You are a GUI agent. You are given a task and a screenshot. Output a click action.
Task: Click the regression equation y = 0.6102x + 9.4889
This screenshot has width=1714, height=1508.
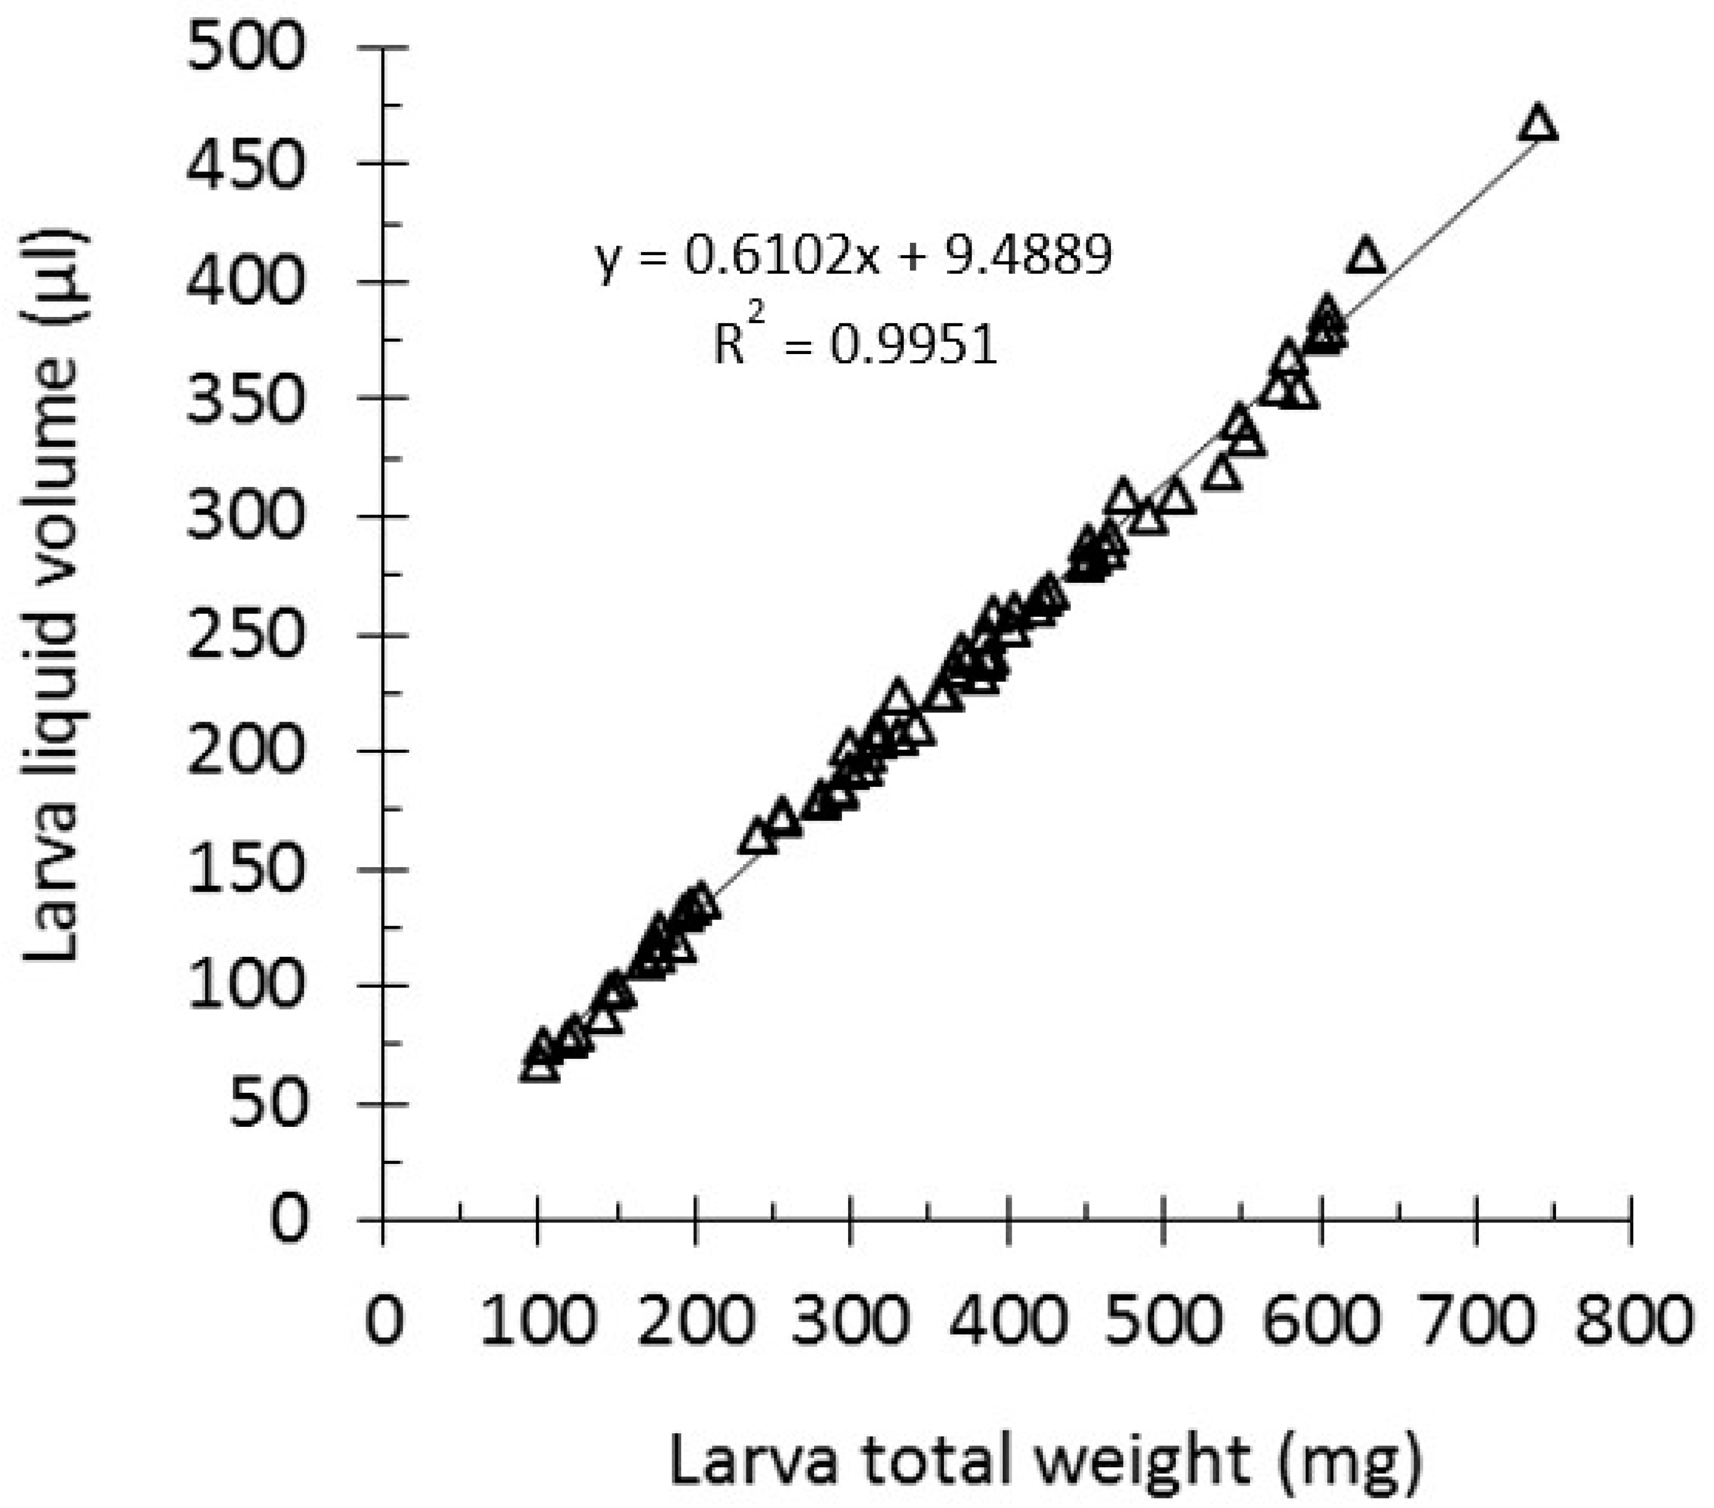coord(854,256)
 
